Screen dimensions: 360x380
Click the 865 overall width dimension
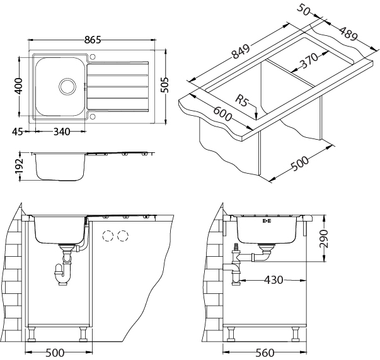point(93,40)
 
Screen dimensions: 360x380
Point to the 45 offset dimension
point(17,132)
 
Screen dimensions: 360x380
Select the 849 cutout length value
point(241,53)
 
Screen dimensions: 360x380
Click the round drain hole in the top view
point(66,86)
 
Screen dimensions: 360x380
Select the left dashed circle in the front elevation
point(108,237)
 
